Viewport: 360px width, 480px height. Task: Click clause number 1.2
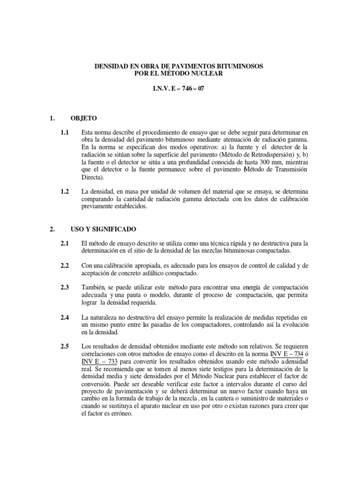[65, 192]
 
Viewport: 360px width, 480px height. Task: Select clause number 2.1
[65, 243]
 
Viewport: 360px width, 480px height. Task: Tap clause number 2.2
[65, 265]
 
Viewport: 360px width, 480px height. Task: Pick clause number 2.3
[65, 287]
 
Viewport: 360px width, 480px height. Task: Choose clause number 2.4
[65, 318]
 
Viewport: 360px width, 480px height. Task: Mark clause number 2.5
[65, 346]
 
